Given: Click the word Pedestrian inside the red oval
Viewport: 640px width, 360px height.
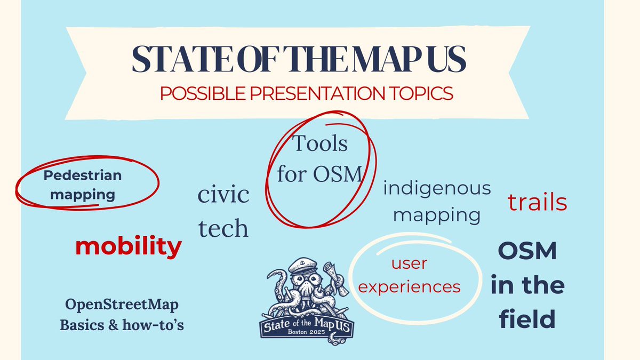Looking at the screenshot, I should coord(83,175).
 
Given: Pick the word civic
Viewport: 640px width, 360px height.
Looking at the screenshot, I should coord(223,195).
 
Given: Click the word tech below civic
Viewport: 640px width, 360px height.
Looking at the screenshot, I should coord(223,228).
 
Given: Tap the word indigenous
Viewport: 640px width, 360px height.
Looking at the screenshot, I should coord(437,188).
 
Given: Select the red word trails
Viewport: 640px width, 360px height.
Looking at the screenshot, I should coord(537,202).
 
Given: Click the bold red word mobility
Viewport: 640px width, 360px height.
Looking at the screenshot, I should coord(128,246).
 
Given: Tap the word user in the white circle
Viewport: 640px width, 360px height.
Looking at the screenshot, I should coord(410,263).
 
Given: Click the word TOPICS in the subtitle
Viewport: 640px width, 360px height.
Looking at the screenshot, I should coord(417,93).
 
